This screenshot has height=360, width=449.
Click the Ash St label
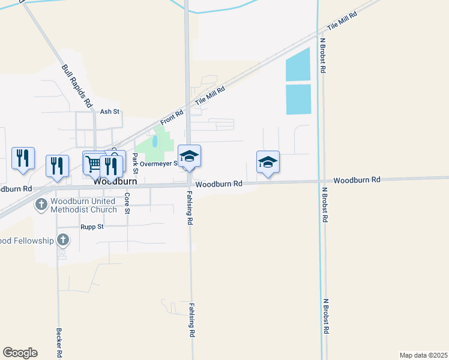[110, 112]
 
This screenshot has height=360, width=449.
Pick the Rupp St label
[92, 227]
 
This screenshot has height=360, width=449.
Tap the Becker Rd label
[59, 342]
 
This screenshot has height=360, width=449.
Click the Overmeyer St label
[159, 163]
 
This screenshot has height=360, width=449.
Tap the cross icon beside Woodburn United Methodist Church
[41, 205]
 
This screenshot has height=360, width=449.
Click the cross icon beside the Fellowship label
[62, 241]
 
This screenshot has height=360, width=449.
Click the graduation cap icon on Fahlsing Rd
[190, 157]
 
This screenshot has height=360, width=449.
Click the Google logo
[20, 353]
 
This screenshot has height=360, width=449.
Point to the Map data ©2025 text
[423, 355]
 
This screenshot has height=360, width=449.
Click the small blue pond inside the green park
[155, 142]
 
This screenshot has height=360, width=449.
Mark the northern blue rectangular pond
[298, 64]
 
